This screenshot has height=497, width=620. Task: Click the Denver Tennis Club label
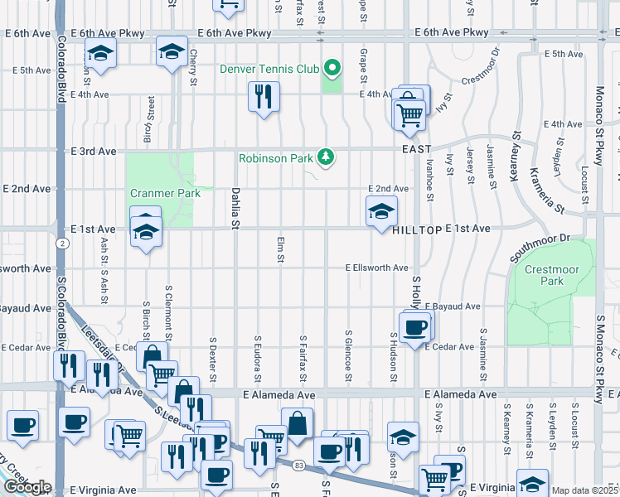[x=269, y=68]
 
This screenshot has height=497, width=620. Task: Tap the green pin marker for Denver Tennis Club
[x=332, y=66]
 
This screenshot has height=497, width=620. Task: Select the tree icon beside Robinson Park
[x=327, y=157]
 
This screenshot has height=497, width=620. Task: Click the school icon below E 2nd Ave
[x=381, y=212]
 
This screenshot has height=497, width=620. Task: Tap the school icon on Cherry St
[x=172, y=53]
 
